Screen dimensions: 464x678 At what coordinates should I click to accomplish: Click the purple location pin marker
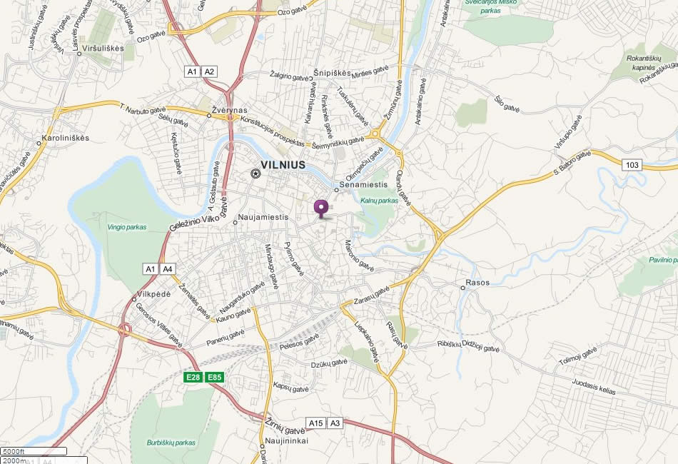pos(321,208)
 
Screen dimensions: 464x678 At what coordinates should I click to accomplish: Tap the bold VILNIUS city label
pos(283,165)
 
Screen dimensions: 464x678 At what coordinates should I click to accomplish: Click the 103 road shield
pos(632,166)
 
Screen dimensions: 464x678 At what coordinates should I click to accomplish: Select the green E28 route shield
pos(193,377)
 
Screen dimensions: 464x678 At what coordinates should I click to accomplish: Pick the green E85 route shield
pos(215,377)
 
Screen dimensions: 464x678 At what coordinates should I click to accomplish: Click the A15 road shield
pos(315,423)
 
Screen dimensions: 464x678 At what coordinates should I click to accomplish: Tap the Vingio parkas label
pos(126,227)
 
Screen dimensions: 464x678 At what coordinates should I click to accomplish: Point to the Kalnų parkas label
pos(378,201)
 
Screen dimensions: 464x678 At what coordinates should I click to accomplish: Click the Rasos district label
pos(477,283)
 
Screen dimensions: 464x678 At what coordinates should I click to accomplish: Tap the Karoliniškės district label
pos(66,138)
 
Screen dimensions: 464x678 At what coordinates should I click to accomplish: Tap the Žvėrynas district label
pos(230,111)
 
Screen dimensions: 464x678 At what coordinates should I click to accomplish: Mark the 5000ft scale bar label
pos(14,451)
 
